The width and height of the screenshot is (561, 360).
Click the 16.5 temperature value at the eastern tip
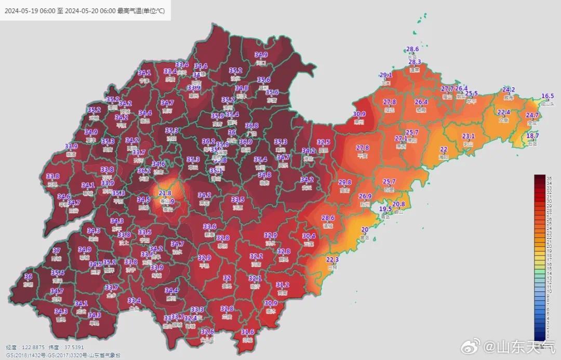coord(547,96)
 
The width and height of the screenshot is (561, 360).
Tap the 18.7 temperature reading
coord(533,136)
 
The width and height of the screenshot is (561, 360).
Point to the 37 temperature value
coord(57,250)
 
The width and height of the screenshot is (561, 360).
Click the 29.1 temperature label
coord(386,75)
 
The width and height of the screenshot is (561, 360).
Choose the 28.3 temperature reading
coord(415,62)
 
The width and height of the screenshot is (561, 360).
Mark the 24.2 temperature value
coord(509,89)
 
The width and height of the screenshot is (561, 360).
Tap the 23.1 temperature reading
coord(468,136)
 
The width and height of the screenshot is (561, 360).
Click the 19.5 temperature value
coord(385,209)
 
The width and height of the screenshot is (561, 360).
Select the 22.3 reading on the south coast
coord(332,259)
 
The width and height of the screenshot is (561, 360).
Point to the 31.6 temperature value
coord(248,331)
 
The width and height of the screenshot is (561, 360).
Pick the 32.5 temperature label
coord(324,142)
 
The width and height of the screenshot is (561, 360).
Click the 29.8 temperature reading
coord(345,182)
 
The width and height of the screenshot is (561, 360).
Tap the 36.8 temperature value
coord(252,126)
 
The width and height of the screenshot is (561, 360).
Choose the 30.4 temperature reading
coord(309,236)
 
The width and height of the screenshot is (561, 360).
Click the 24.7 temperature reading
coord(532,115)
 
